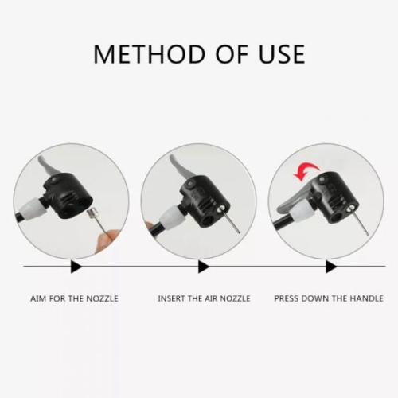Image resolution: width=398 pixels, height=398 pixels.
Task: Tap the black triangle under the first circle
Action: [76, 266]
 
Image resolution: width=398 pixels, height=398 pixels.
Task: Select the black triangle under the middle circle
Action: [203, 266]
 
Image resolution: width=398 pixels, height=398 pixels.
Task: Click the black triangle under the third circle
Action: [330, 266]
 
